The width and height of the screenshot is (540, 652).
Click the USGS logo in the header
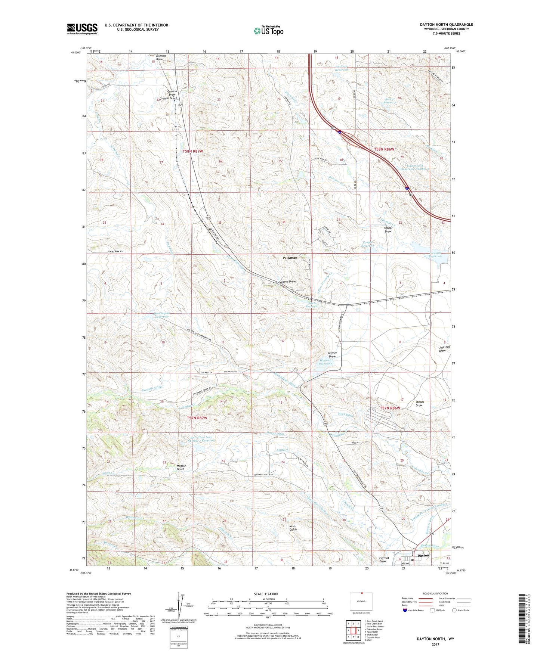coord(82,28)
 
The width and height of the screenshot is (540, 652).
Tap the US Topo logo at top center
coord(268,31)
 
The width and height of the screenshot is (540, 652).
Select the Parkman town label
coord(290,258)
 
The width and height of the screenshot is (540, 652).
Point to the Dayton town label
coord(423,556)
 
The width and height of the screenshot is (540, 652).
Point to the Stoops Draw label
coord(419,404)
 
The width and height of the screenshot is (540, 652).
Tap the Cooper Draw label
coord(388,230)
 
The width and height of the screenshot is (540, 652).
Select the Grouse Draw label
coord(288,282)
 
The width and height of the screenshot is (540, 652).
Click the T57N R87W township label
coord(197,418)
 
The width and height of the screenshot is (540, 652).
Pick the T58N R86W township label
coord(384,149)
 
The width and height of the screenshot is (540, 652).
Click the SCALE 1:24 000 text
coord(266,594)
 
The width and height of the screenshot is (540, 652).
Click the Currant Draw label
coord(384,559)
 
